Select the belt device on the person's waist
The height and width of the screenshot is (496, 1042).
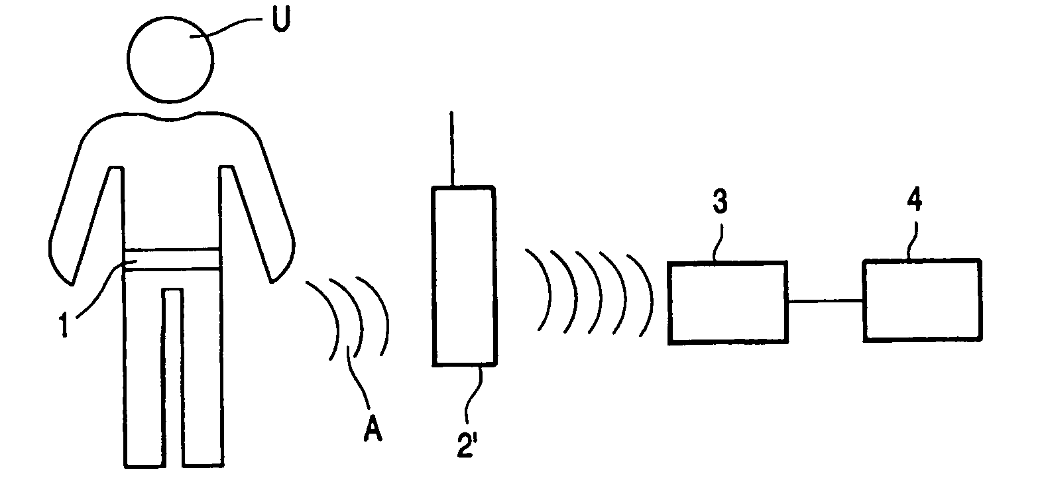click(172, 259)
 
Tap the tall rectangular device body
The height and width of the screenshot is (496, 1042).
click(463, 275)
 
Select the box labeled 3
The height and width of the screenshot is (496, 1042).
click(728, 302)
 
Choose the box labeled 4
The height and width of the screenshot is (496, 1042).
click(921, 300)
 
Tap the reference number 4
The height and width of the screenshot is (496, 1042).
click(914, 199)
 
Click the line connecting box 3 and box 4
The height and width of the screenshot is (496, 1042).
click(825, 302)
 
